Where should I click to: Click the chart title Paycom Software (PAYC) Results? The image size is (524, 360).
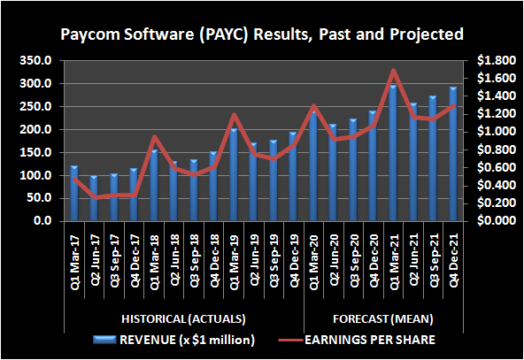click(261, 35)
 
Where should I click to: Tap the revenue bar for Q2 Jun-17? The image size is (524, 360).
click(94, 199)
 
